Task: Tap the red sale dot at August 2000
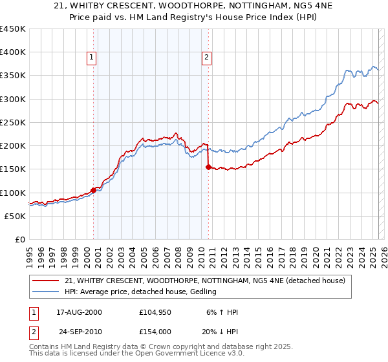coord(93,190)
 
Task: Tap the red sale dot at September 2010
coord(208,167)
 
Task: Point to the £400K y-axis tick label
coord(13,52)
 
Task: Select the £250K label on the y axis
coord(13,122)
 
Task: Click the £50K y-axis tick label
coord(16,216)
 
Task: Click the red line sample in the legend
coord(47,281)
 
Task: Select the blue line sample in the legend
coord(47,292)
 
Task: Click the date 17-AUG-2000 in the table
coord(80,312)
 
